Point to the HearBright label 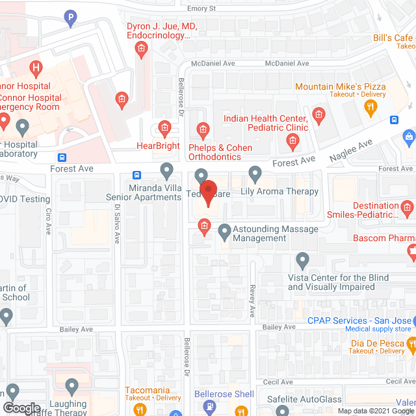[159, 146]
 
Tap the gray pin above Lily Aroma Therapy [255, 174]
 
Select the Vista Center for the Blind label [338, 282]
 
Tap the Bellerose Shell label [224, 395]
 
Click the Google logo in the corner [21, 408]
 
